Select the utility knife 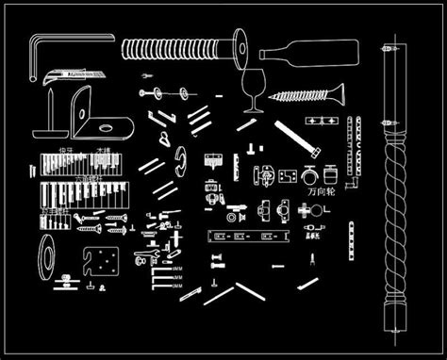75,73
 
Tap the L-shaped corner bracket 94,113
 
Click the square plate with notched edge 100,262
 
